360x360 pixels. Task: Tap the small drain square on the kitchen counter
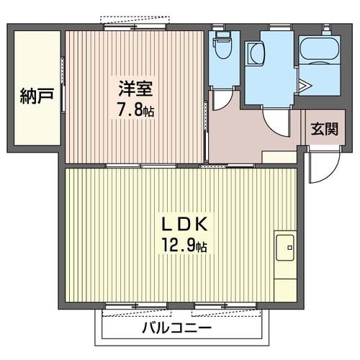pyautogui.click(x=290, y=249)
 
